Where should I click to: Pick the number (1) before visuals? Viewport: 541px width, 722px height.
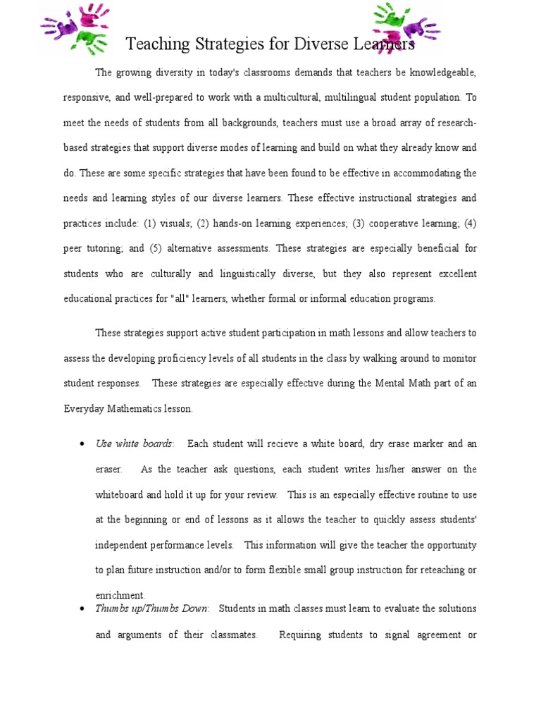pos(149,224)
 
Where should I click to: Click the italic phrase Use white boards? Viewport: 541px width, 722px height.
pos(134,444)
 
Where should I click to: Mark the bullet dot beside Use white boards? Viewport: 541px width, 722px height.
pos(82,444)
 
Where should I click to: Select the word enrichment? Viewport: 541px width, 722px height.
pos(120,595)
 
